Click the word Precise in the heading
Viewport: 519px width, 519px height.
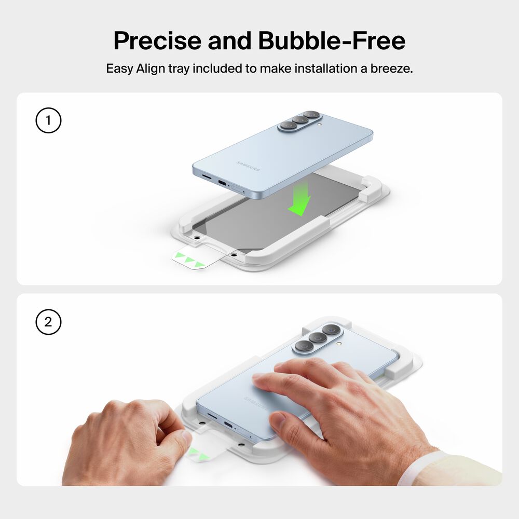(x=158, y=40)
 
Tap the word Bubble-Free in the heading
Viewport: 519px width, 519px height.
(x=332, y=40)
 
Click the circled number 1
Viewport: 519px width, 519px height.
(x=48, y=120)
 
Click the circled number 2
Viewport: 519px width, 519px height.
(x=48, y=322)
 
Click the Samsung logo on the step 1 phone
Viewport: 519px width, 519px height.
(x=248, y=167)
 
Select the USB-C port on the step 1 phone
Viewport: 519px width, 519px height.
(x=222, y=182)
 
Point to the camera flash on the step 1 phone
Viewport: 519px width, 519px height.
(x=319, y=126)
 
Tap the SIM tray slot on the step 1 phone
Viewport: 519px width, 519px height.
(x=236, y=189)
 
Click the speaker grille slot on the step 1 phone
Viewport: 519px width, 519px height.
(x=207, y=177)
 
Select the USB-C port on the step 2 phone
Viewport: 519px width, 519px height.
(x=229, y=425)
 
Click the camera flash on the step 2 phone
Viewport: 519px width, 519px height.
(x=339, y=344)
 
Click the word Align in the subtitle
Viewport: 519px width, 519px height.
(x=151, y=69)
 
